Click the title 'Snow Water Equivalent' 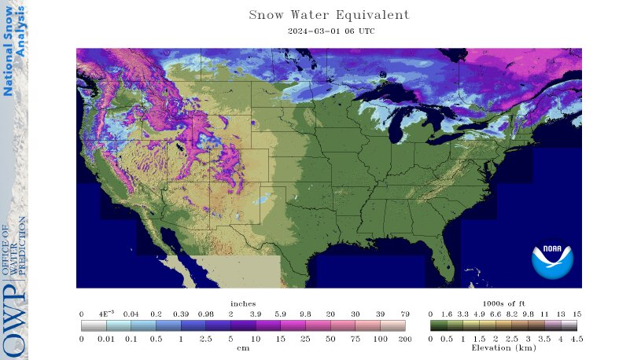(x=329, y=15)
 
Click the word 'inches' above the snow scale (x=243, y=303)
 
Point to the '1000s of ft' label (x=503, y=303)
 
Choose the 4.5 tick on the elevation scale (x=577, y=338)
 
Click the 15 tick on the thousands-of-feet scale (x=577, y=313)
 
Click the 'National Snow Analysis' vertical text (x=14, y=51)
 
